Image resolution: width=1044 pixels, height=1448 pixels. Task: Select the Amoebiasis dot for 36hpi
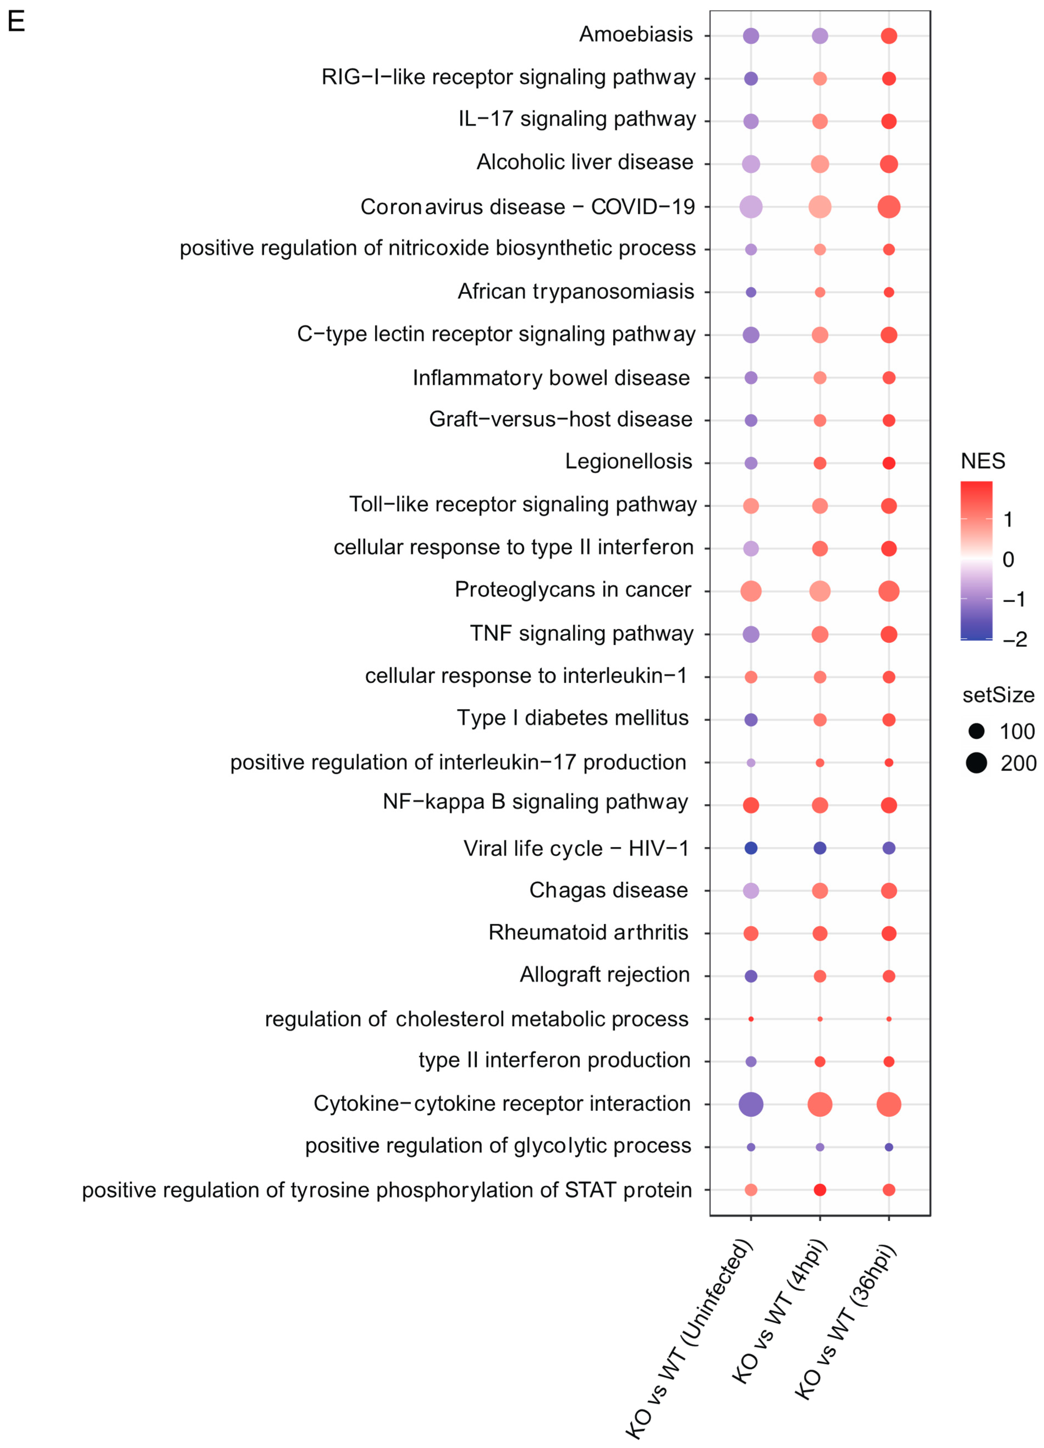point(888,36)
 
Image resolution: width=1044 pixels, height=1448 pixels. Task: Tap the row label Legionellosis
point(628,462)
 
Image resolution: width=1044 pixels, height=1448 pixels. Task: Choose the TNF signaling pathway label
point(582,633)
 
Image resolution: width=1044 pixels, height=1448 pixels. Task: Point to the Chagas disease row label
point(608,890)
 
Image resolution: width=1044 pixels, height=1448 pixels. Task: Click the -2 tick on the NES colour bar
point(1015,639)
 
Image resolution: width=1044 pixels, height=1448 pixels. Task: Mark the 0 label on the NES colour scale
point(1008,559)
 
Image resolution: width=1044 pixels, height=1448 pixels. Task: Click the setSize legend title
point(998,695)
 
